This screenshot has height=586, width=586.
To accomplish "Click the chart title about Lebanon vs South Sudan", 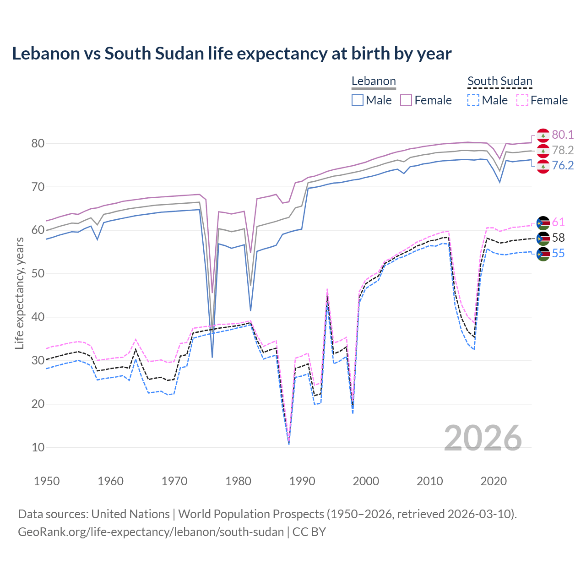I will pos(232,54).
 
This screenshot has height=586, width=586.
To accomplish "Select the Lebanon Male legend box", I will pos(358,100).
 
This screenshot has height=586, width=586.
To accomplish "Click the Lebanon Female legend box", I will pos(407,100).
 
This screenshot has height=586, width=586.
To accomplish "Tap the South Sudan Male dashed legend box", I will pos(473,100).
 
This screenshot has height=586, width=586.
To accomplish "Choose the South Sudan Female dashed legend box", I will pos(522,100).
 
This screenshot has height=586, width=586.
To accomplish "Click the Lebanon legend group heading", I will pos(374,81).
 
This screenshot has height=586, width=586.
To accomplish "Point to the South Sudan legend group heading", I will pos(499,81).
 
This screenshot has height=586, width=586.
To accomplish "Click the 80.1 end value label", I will pos(563,135).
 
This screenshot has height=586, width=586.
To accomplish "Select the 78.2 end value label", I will pos(563,150).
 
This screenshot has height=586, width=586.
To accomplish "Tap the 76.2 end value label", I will pos(563,166).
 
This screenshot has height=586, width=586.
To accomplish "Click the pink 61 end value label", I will pos(558,222).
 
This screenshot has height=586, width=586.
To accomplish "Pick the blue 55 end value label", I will pos(558,254).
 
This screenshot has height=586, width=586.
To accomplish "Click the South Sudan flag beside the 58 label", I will pos(543,238).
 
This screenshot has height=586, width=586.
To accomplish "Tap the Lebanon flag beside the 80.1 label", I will pos(543,135).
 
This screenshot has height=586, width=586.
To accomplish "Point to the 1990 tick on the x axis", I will pos(302,481).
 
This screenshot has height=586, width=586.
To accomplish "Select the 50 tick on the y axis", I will pos(38,274).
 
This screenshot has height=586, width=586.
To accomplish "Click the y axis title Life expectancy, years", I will pos(19,293).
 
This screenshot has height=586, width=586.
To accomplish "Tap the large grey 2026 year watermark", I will pos(483,438).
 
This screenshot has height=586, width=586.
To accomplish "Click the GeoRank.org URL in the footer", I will pos(151,532).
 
